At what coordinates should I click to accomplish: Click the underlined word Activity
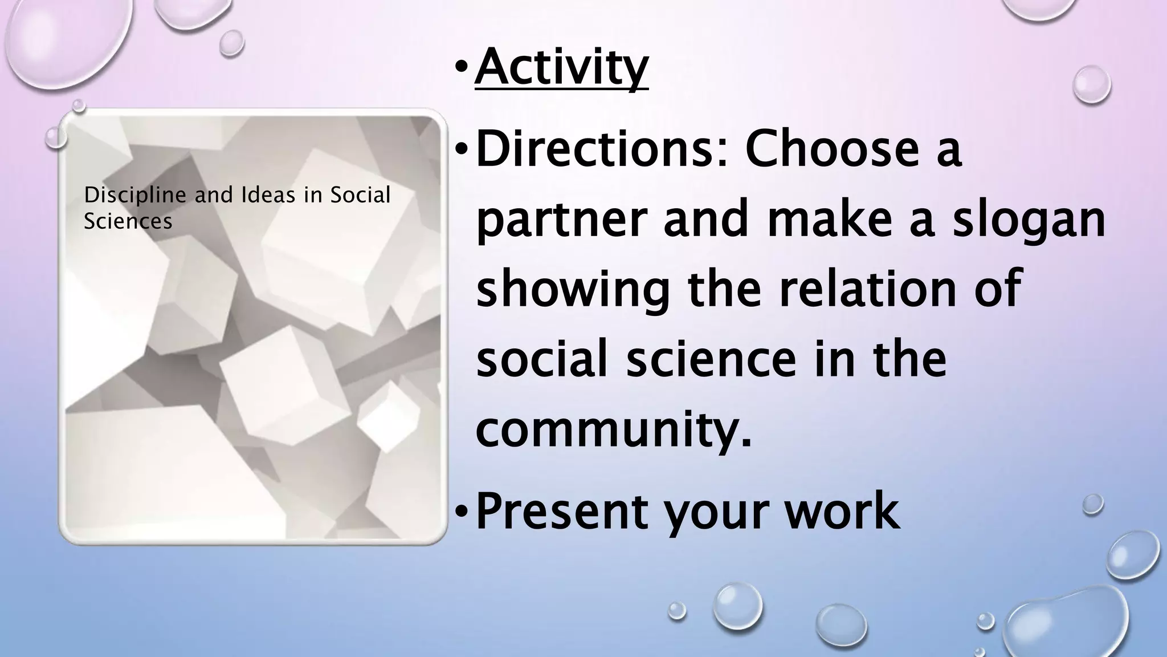click(561, 68)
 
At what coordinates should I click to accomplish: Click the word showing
click(573, 291)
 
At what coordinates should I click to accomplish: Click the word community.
click(613, 431)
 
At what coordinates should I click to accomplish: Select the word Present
click(561, 510)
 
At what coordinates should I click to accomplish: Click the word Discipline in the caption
click(135, 196)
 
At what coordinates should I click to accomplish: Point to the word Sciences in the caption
click(128, 221)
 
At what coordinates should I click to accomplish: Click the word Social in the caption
click(360, 195)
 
